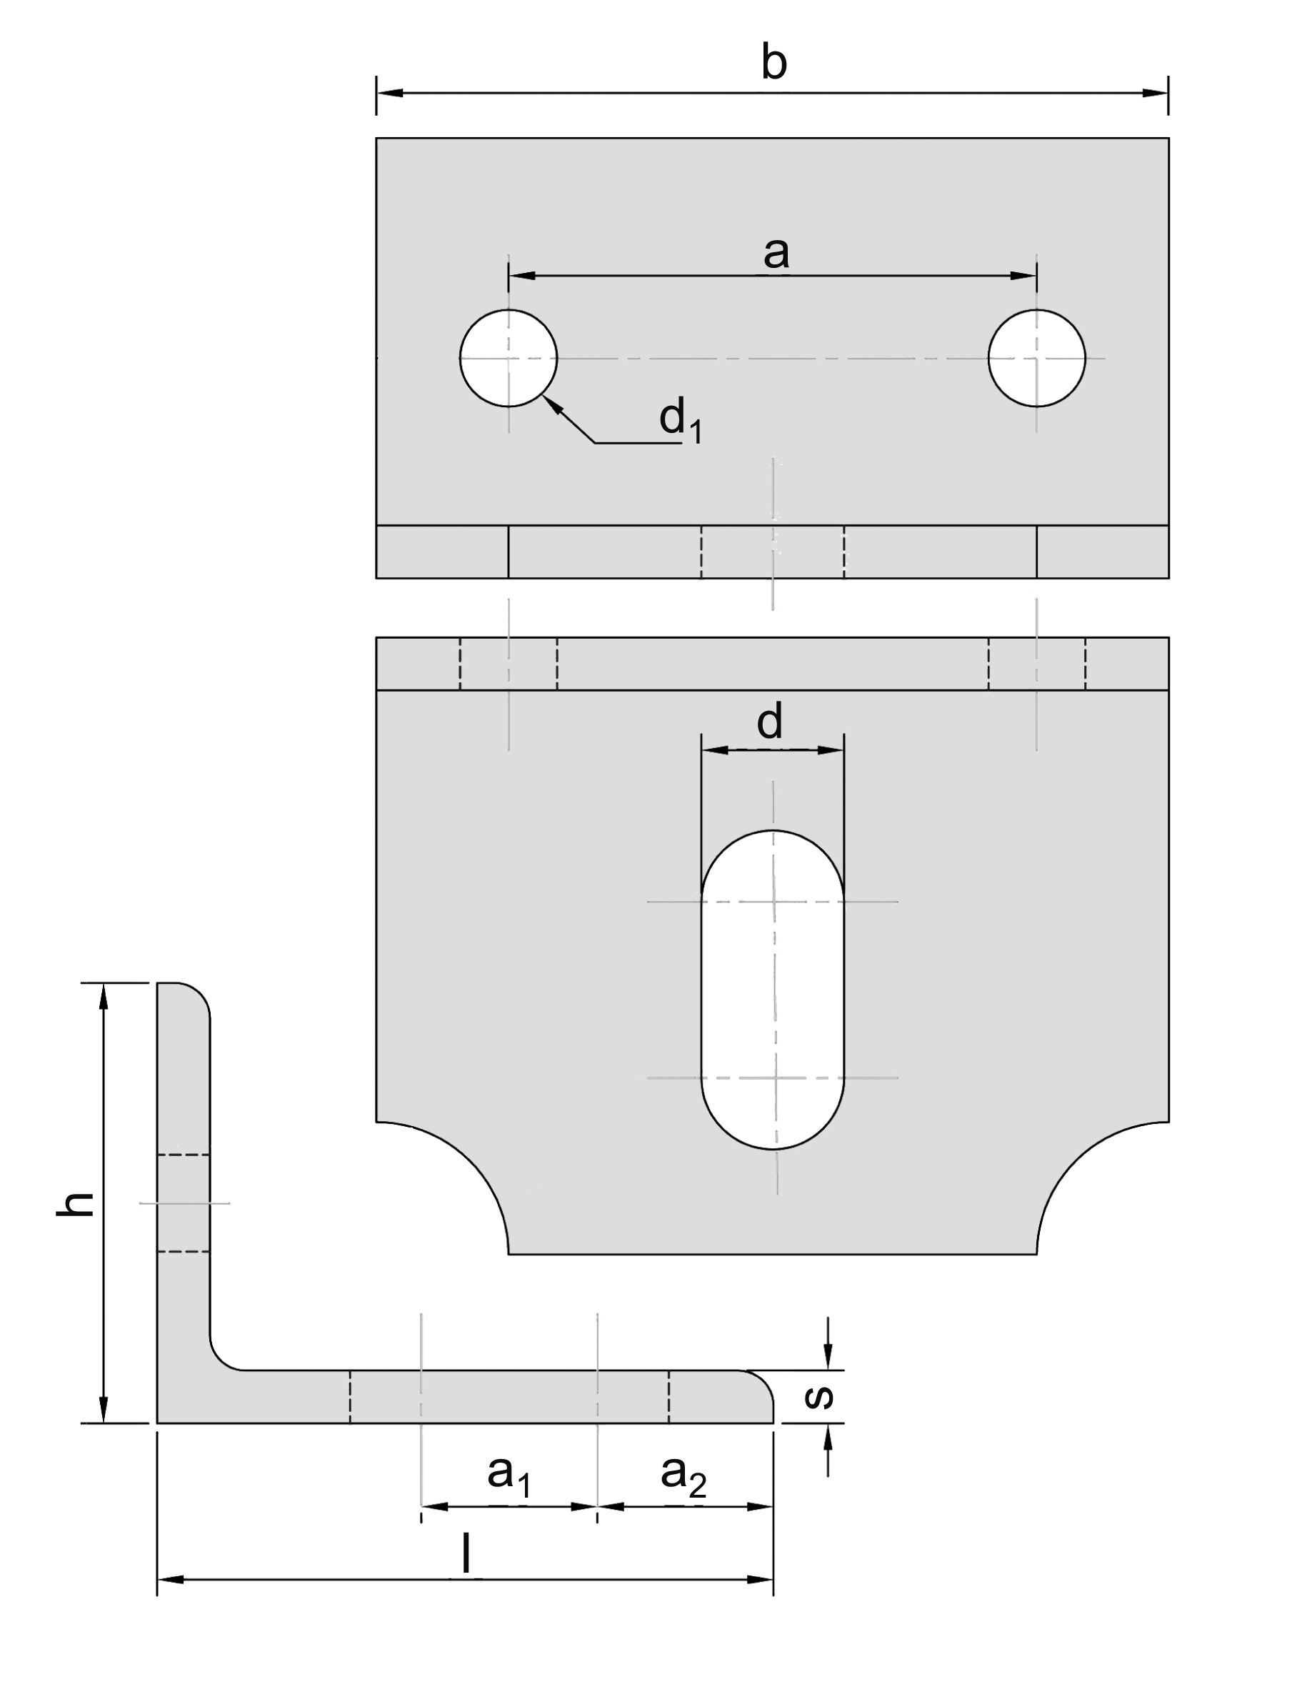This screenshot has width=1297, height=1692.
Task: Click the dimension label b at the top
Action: click(773, 64)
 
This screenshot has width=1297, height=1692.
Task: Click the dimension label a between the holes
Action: click(776, 252)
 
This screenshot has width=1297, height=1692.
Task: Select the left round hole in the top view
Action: click(508, 357)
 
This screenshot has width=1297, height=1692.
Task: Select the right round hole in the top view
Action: click(1036, 357)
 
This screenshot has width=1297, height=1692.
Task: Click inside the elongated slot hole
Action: click(772, 988)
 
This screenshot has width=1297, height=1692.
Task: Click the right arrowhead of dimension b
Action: click(1155, 93)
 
